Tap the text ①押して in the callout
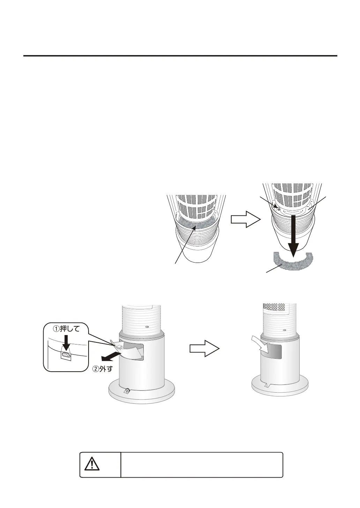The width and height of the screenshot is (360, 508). (x=66, y=329)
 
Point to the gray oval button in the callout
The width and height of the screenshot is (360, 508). (x=66, y=355)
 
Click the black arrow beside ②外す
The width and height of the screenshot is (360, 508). (x=111, y=356)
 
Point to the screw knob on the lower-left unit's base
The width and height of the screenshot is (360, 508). (x=127, y=391)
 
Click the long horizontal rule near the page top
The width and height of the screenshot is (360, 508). (x=180, y=55)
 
